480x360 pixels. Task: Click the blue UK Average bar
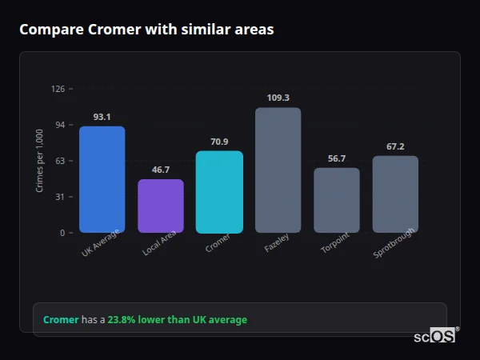[102, 179]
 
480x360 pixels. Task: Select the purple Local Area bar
[161, 206]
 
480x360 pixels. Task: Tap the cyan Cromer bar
[219, 192]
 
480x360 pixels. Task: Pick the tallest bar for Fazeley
[278, 170]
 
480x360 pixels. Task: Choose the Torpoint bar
[337, 200]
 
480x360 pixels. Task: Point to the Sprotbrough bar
[395, 194]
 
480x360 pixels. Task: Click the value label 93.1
[102, 117]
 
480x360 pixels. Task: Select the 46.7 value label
[161, 170]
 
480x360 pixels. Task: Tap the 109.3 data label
[278, 98]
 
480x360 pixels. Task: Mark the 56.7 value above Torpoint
[337, 158]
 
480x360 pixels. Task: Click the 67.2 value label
[395, 146]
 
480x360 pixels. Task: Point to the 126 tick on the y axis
[58, 89]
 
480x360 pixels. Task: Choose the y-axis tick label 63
[60, 161]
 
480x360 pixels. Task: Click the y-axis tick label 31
[60, 197]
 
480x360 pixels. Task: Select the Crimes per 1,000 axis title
[40, 160]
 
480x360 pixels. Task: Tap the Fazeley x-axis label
[277, 243]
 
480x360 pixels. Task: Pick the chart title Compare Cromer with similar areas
[146, 30]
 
